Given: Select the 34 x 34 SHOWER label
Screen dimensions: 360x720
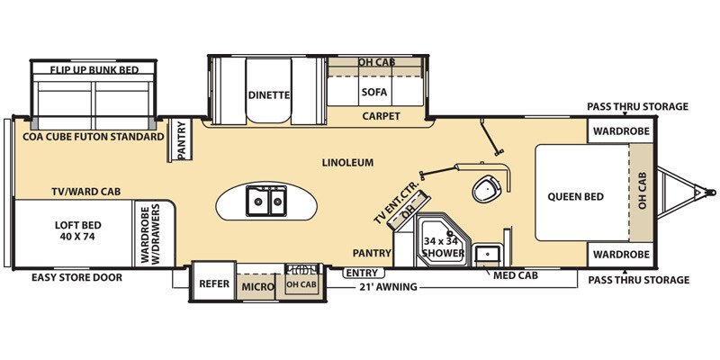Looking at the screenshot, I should (444, 247).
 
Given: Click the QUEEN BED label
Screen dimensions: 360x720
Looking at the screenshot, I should (573, 196).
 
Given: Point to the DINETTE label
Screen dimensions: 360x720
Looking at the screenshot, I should (268, 93).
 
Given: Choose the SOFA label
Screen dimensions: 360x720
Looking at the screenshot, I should (373, 92).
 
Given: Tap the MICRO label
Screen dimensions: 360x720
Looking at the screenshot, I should (257, 287).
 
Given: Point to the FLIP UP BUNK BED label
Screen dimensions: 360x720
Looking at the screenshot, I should (93, 68).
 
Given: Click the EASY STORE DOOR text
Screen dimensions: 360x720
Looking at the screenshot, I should (76, 277).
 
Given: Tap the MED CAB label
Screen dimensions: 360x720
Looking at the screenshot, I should (515, 274).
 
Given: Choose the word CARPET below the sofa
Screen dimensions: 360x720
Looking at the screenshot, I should (381, 116).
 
